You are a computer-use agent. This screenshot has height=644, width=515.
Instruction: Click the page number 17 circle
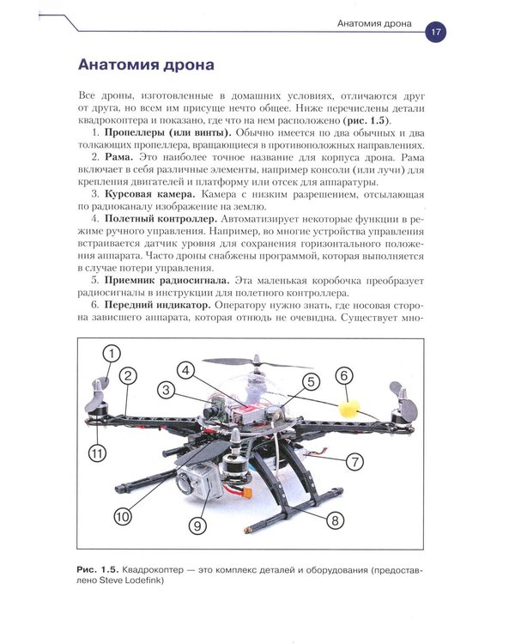pos(435,32)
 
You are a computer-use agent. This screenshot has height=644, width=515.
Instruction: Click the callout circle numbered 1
pos(112,354)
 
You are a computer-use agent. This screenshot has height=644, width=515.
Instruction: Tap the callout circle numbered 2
pos(128,376)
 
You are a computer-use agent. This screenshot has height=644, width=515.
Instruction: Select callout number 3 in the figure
pos(167,389)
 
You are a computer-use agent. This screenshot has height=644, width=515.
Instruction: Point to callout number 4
pos(186,370)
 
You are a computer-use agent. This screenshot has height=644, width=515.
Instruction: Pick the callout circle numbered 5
pos(311,381)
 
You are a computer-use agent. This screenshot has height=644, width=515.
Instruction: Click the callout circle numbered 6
pos(344,375)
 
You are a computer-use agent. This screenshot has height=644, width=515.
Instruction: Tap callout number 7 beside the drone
pos(354,462)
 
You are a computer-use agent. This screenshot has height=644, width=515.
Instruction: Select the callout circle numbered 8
pos(335,520)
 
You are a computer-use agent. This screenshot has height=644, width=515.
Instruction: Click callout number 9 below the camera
pos(197,526)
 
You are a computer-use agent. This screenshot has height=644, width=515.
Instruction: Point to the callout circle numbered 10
pos(123,516)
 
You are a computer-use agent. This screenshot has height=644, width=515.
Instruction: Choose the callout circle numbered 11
pos(97,453)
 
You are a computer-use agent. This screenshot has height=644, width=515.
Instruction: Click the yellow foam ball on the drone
pos(349,409)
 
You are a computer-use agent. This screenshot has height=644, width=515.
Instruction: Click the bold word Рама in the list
pos(118,157)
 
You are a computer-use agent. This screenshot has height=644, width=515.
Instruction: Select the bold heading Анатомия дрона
pos(146,65)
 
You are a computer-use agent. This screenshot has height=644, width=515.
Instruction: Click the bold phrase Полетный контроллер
pos(161,219)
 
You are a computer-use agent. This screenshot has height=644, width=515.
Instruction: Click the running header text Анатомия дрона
pos(374,23)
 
